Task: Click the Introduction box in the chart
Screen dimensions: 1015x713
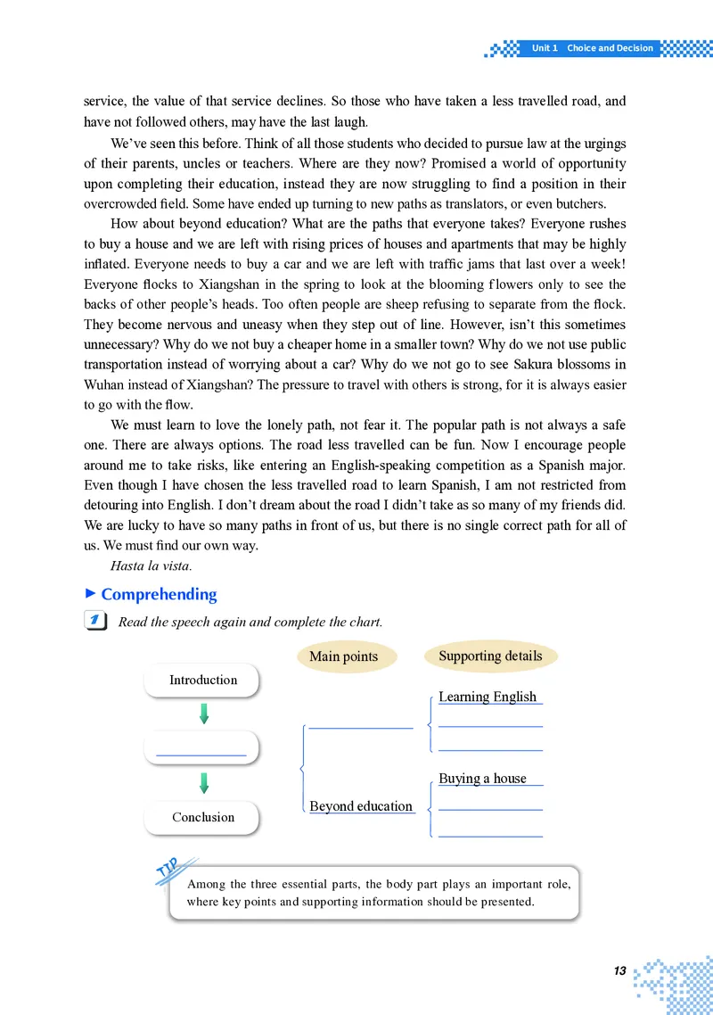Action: pyautogui.click(x=202, y=680)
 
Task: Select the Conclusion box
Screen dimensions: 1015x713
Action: pyautogui.click(x=202, y=817)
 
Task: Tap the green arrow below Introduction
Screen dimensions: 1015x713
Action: pyautogui.click(x=204, y=714)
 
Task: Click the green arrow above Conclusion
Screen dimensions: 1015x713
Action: pyautogui.click(x=204, y=783)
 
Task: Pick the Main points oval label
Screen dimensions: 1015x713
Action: pyautogui.click(x=343, y=656)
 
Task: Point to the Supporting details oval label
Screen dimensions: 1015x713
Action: pyautogui.click(x=490, y=656)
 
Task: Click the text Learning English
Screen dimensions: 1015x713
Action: pyautogui.click(x=488, y=697)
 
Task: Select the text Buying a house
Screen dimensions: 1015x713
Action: pyautogui.click(x=482, y=778)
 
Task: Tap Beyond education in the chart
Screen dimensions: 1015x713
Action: pyautogui.click(x=361, y=806)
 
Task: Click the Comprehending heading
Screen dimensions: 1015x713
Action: pyautogui.click(x=159, y=594)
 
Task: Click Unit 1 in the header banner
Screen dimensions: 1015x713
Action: pyautogui.click(x=544, y=48)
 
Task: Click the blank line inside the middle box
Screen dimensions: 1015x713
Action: pyautogui.click(x=201, y=755)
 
